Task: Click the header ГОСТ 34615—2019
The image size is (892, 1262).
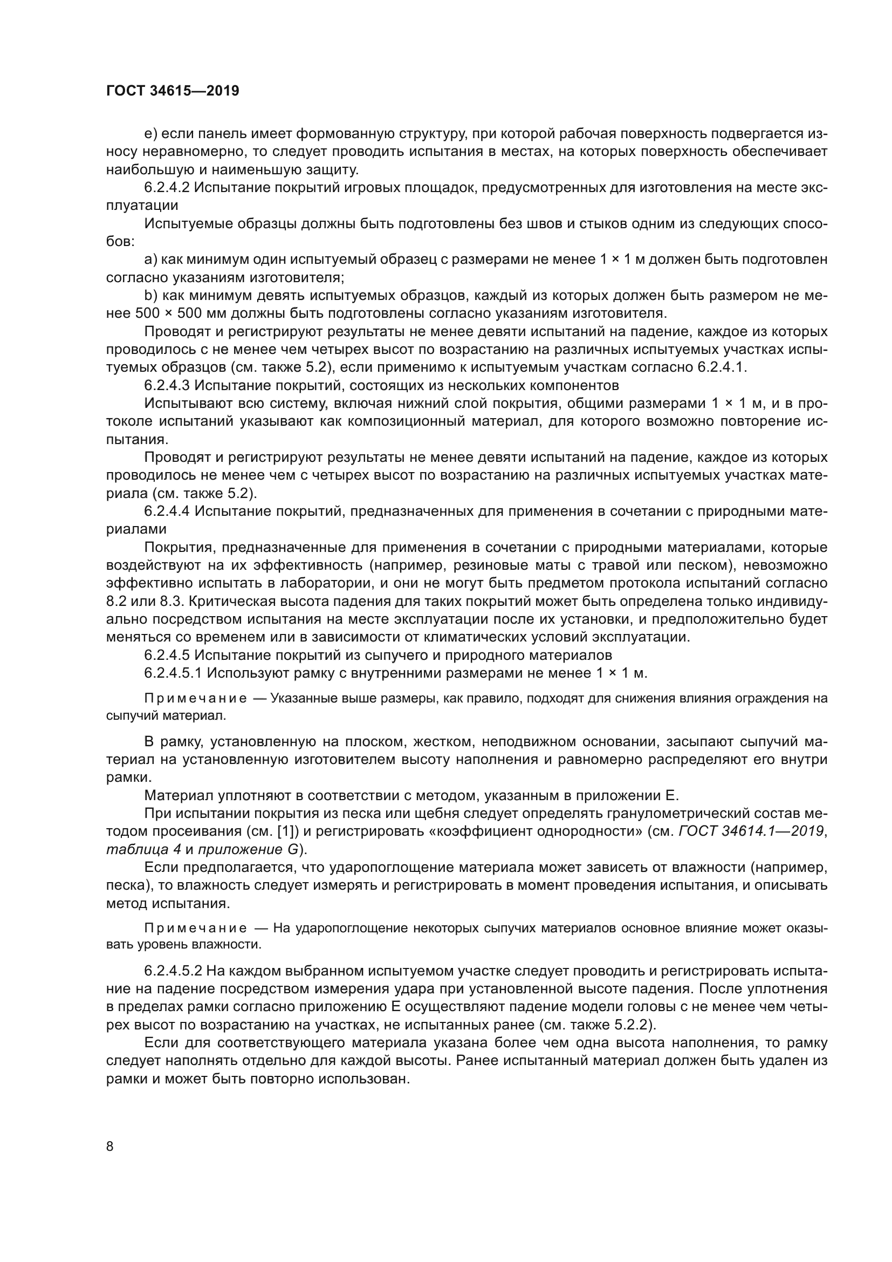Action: point(173,91)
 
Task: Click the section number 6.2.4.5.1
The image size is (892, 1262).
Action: point(173,673)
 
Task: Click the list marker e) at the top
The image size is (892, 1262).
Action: point(151,134)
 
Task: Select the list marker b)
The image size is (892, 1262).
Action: point(151,296)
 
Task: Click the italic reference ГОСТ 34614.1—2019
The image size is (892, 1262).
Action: point(751,831)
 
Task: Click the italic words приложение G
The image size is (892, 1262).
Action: point(248,849)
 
